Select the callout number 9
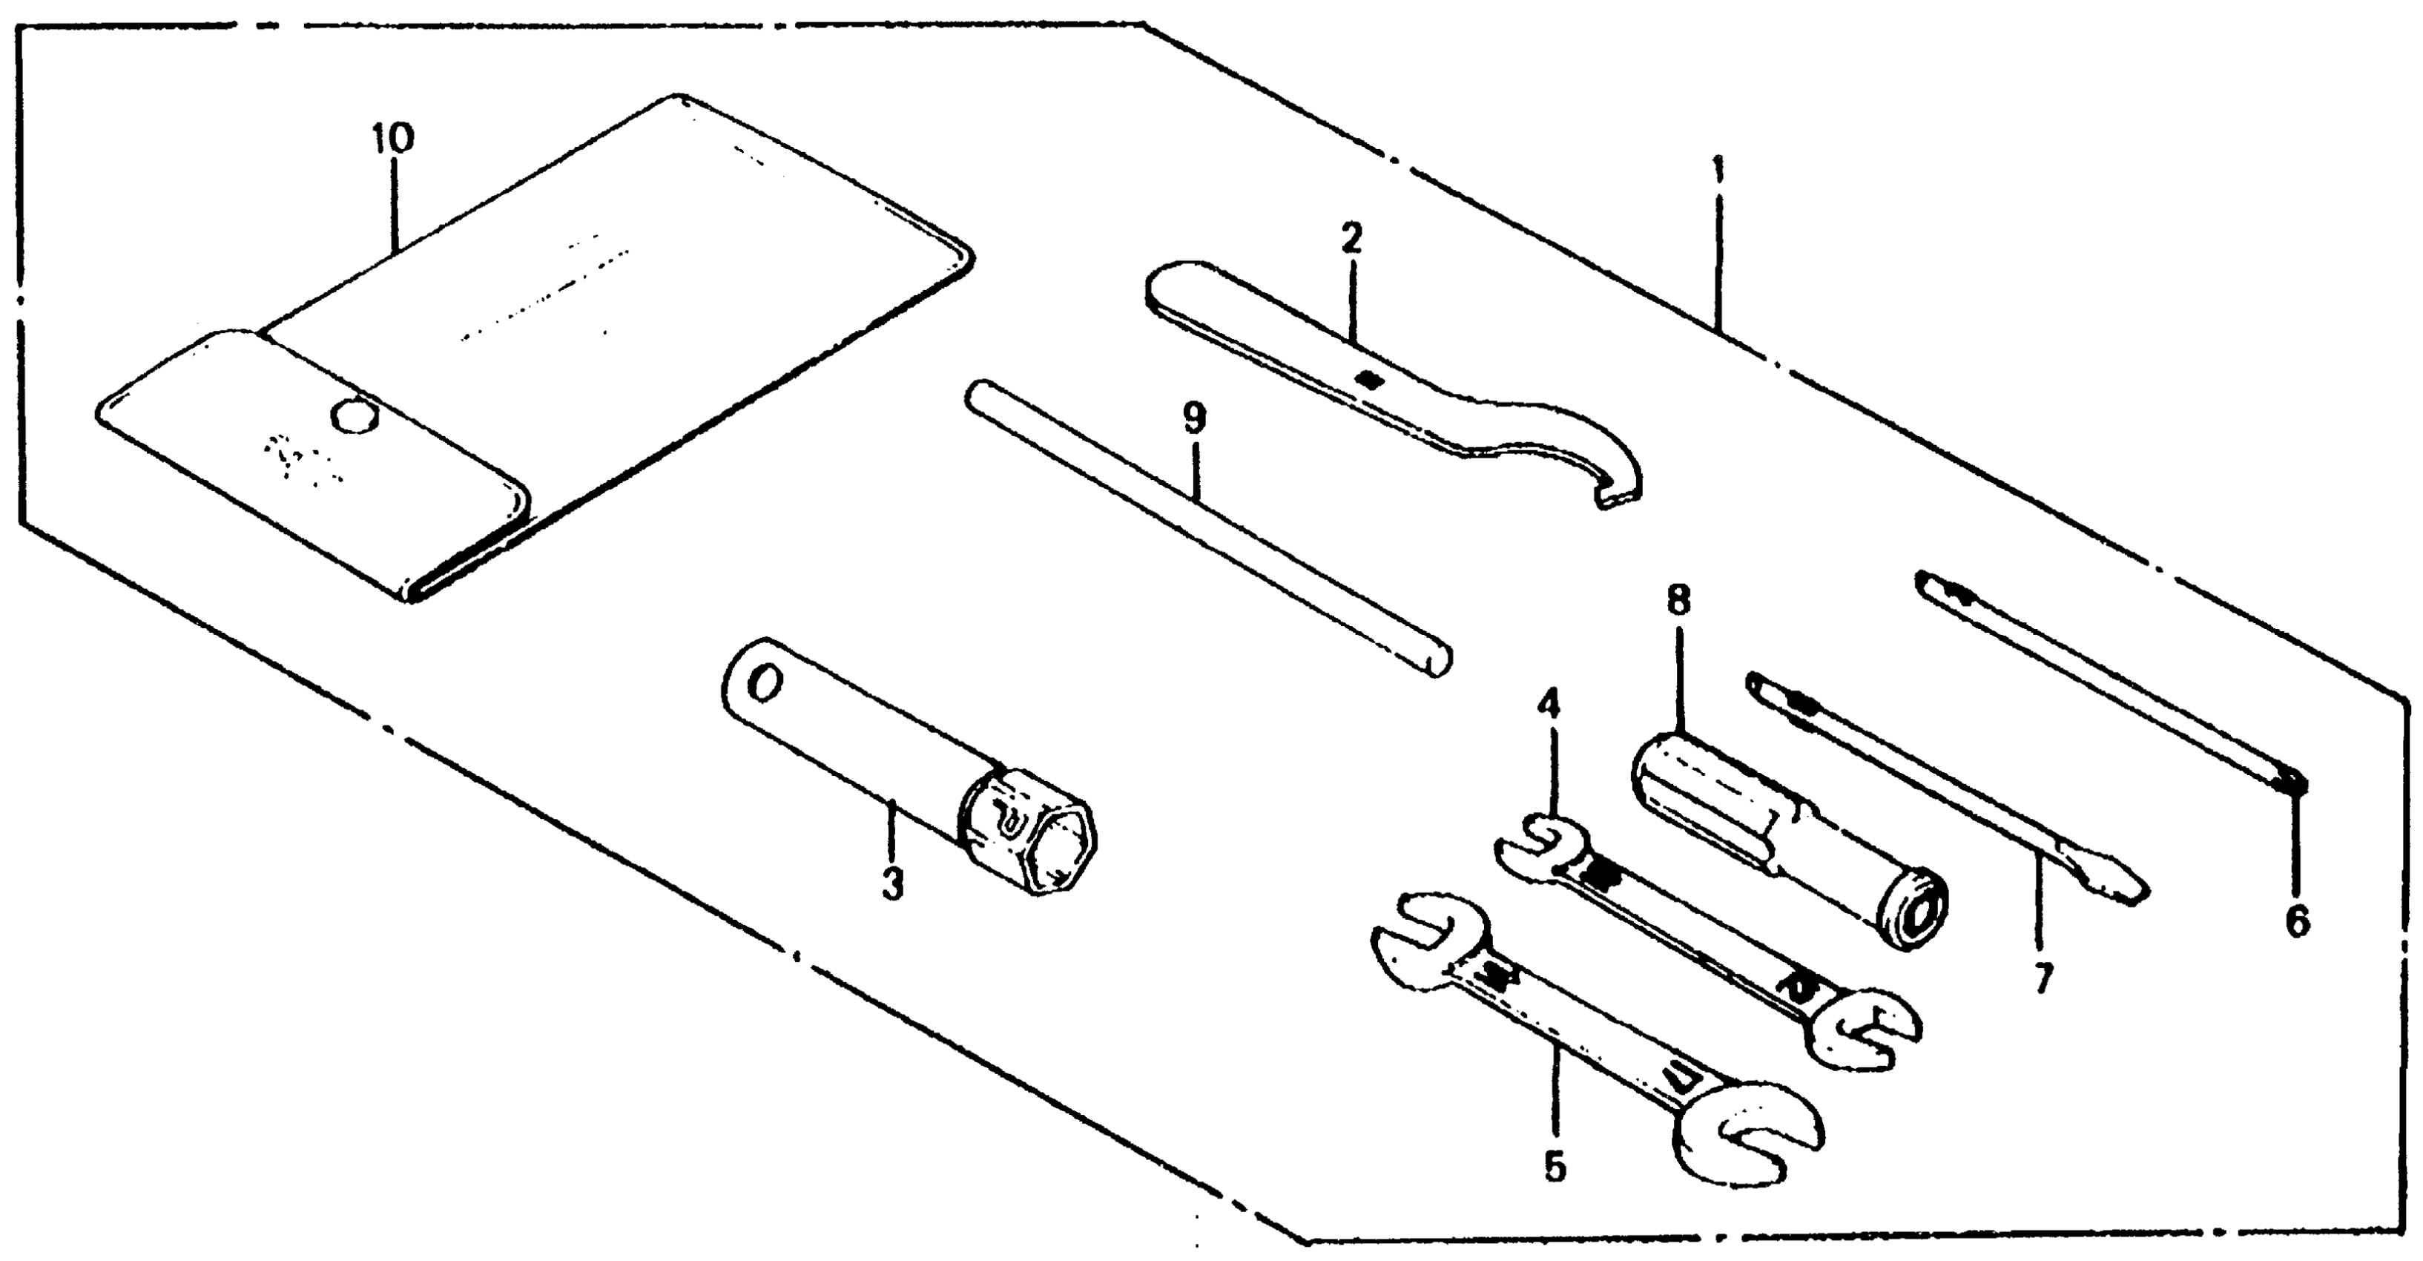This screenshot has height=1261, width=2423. point(1193,417)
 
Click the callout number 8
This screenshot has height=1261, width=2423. point(1678,600)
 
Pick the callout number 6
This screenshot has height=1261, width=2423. point(2297,921)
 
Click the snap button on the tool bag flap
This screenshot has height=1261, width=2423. point(355,415)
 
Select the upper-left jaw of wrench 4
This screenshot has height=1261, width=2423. point(1538,840)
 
